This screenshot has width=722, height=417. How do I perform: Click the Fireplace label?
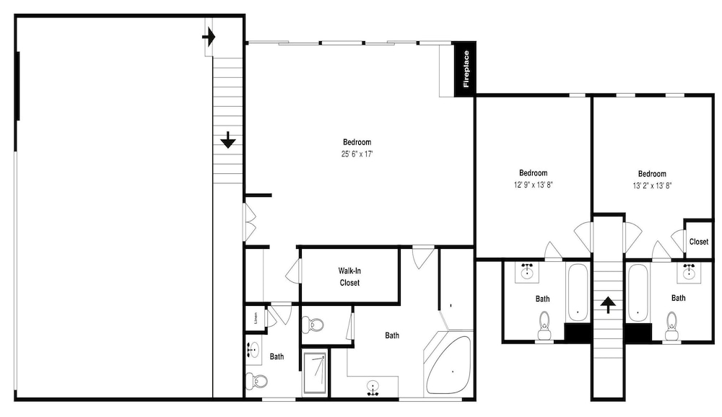point(466,69)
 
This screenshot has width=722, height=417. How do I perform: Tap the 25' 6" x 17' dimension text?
point(357,154)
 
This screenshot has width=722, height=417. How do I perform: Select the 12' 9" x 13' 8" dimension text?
point(534,185)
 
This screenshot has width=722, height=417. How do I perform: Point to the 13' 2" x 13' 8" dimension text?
point(652,186)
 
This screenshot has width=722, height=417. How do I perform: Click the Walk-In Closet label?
point(349,276)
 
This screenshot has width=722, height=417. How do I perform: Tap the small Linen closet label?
point(256,318)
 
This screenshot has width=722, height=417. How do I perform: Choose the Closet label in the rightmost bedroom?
point(698,242)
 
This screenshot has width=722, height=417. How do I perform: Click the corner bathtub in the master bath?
point(448,364)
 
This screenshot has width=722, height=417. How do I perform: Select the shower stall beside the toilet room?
point(315,373)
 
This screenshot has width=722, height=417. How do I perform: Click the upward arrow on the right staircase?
point(608,304)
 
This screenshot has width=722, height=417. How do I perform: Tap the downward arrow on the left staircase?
point(228,139)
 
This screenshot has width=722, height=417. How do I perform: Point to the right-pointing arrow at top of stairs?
point(209,36)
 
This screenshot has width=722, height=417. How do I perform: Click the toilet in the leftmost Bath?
point(256,381)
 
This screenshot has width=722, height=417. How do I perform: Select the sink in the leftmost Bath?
point(252,349)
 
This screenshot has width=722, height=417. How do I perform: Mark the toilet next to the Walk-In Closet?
point(313,324)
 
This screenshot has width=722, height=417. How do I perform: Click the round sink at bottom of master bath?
point(373,387)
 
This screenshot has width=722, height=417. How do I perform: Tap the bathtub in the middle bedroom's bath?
point(578,292)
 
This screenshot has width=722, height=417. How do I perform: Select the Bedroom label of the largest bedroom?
point(357,142)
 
